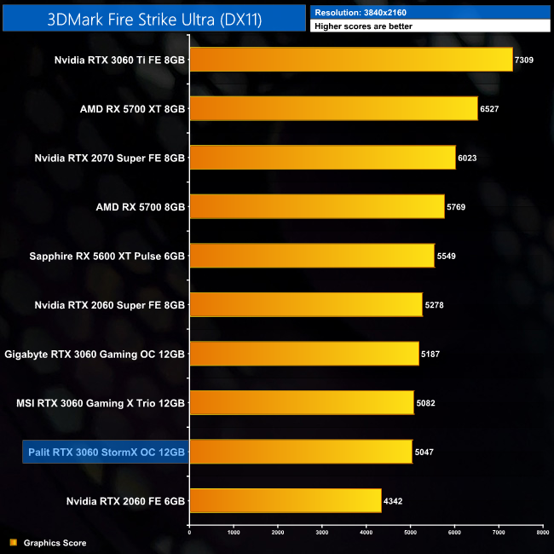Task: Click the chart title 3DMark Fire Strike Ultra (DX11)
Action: point(154,18)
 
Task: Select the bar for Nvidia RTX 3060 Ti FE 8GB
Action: point(350,59)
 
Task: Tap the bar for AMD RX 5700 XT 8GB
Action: point(333,108)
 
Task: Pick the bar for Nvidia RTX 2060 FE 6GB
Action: point(285,500)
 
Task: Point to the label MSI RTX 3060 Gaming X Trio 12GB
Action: point(101,402)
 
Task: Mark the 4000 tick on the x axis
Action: point(366,533)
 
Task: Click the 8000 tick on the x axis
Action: point(541,533)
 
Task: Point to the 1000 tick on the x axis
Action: point(234,533)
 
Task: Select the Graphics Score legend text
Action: point(55,543)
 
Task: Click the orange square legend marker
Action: point(13,543)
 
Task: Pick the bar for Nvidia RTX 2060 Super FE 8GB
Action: point(305,304)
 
